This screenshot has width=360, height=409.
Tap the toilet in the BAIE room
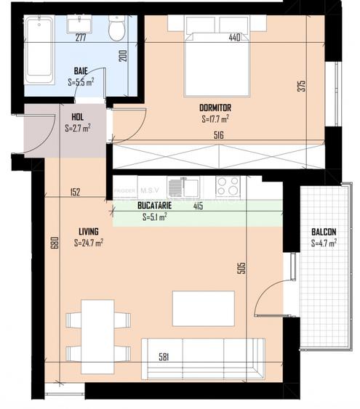[x=116, y=30]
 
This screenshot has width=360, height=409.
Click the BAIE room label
[x=81, y=71]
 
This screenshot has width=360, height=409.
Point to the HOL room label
[x=77, y=117]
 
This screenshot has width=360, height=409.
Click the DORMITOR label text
[x=215, y=108]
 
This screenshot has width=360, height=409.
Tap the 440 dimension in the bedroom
[x=234, y=37]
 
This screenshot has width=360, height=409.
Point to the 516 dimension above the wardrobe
[x=217, y=135]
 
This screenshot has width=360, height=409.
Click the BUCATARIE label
[x=153, y=206]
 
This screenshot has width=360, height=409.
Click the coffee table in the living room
[x=203, y=308]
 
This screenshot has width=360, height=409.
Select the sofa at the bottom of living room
[x=202, y=358]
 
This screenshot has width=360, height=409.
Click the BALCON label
[x=324, y=232]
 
